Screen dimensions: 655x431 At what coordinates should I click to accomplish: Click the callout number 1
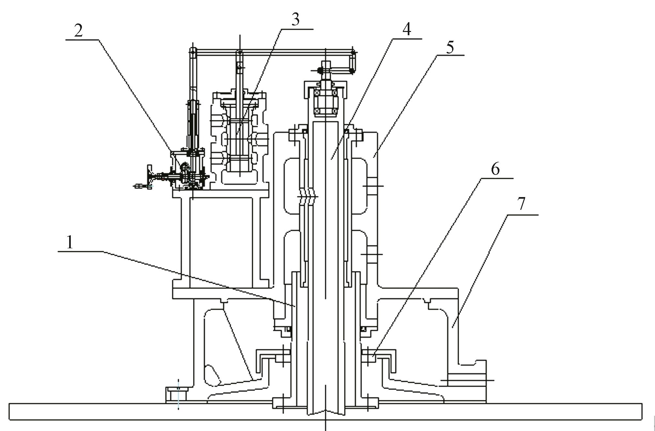pyautogui.click(x=69, y=242)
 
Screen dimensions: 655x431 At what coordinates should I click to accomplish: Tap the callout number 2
pyautogui.click(x=78, y=31)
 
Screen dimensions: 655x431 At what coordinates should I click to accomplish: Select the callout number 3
pyautogui.click(x=295, y=20)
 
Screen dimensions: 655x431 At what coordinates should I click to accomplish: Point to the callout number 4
pyautogui.click(x=406, y=29)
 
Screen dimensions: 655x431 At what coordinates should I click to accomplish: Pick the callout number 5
pyautogui.click(x=450, y=47)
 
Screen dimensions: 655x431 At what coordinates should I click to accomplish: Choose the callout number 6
pyautogui.click(x=495, y=169)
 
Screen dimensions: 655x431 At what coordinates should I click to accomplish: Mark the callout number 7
pyautogui.click(x=521, y=204)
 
